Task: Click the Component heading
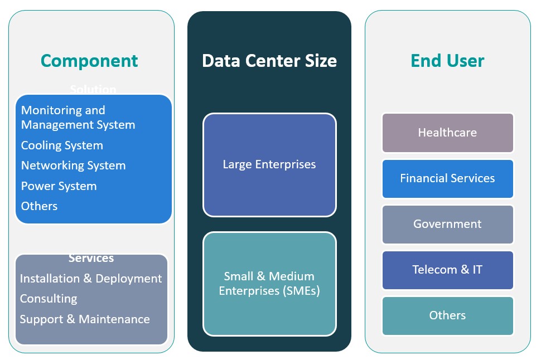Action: pos(89,60)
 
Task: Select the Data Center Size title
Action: pos(269,60)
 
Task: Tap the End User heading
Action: pos(447,60)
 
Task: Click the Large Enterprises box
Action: pos(269,164)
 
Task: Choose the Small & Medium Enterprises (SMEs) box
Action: pos(269,284)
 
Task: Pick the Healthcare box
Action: pos(447,133)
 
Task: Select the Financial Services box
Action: pos(447,178)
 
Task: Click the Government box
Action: pos(447,224)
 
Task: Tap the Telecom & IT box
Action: pos(447,270)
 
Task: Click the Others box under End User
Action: pos(447,315)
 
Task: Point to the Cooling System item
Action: pos(62,145)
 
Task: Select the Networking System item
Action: pos(73,166)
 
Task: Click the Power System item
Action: pos(59,186)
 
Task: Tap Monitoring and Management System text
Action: pos(78,118)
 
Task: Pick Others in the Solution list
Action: pos(39,206)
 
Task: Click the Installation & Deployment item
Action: pos(91,279)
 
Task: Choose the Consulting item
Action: pos(49,299)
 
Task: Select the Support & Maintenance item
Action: pos(85,319)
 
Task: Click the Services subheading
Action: pos(91,258)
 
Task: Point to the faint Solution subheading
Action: pos(93,89)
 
